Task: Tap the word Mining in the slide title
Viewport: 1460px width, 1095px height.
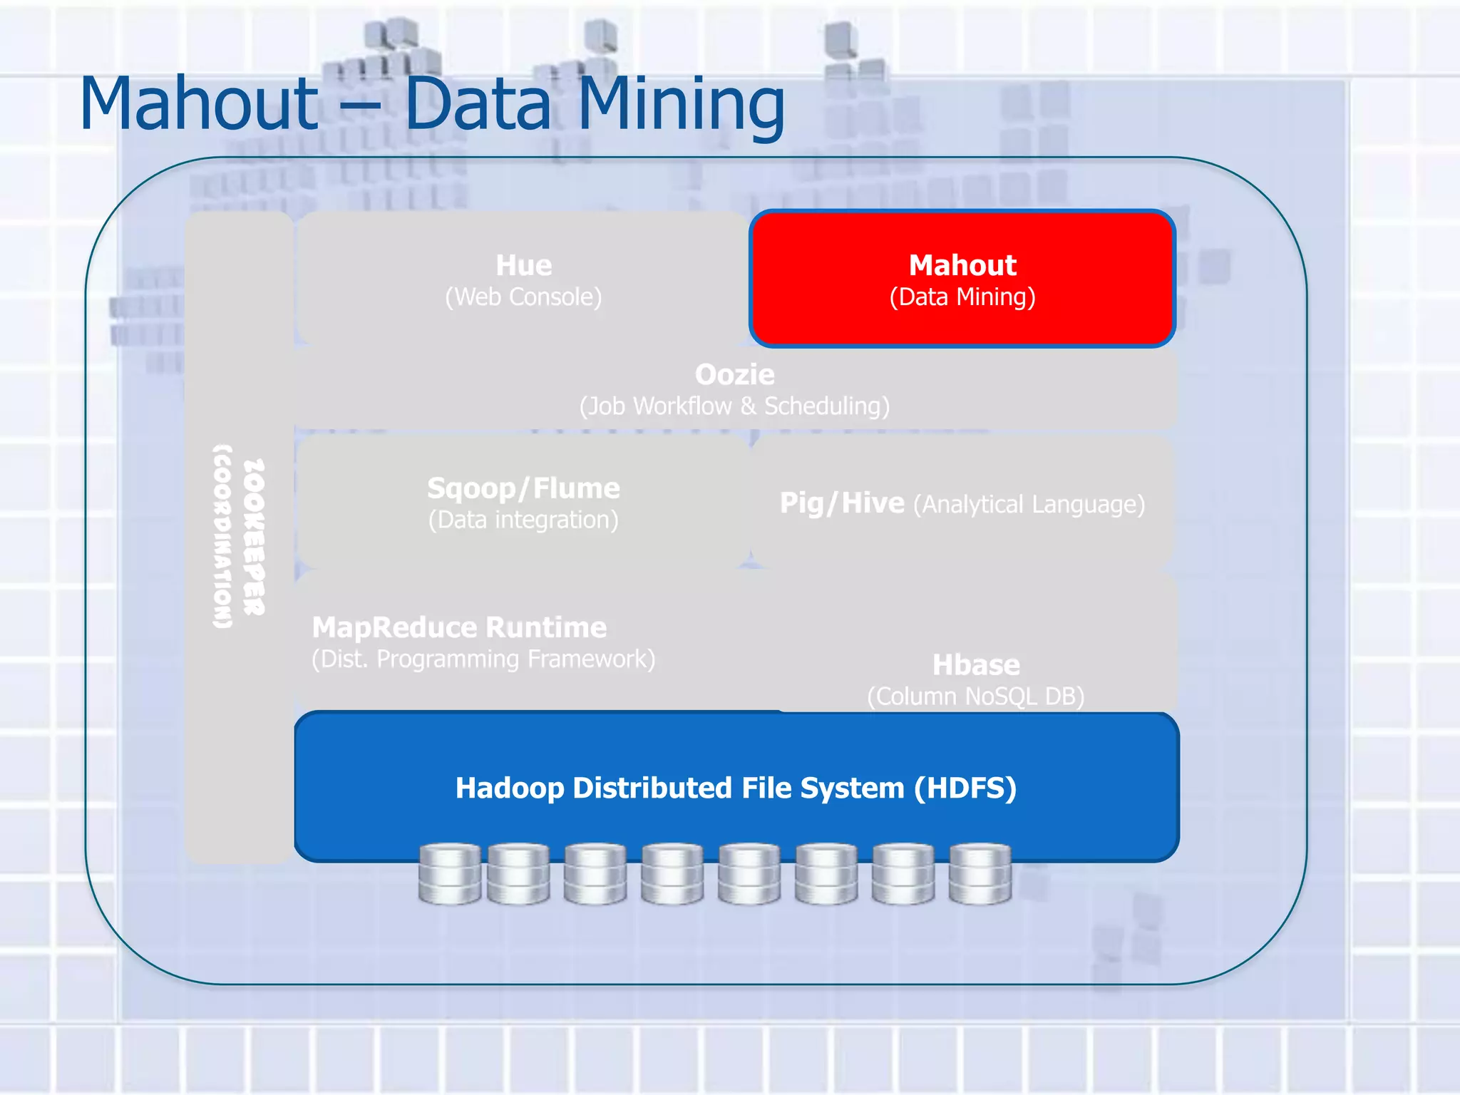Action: tap(680, 105)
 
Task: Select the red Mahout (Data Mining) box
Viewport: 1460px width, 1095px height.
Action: tap(962, 279)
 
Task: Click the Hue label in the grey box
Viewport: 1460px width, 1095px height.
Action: tap(524, 265)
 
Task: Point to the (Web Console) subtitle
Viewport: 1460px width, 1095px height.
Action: tap(524, 297)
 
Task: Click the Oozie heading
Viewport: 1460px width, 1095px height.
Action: tap(734, 374)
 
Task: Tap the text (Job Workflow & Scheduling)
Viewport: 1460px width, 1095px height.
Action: tap(734, 406)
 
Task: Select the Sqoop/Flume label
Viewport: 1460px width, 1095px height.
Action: tap(524, 488)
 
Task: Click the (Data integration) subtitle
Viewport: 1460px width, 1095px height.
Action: tap(524, 520)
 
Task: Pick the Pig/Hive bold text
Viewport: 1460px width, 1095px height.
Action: tap(842, 503)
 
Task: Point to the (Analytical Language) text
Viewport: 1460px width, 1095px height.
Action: tap(1029, 505)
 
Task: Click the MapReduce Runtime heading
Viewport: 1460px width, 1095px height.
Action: tap(459, 627)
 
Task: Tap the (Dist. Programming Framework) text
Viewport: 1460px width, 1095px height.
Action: tap(483, 659)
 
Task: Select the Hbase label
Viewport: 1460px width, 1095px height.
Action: tap(976, 665)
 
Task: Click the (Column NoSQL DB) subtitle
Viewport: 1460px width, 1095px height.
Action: tap(976, 696)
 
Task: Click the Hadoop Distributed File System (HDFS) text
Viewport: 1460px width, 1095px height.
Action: tap(736, 788)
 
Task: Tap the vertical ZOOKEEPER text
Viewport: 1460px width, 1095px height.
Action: tap(254, 536)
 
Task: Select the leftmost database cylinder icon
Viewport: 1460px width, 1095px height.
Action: tap(449, 874)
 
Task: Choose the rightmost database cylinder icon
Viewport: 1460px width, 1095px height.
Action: tap(980, 874)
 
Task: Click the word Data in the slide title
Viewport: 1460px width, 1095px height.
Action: tap(478, 105)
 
